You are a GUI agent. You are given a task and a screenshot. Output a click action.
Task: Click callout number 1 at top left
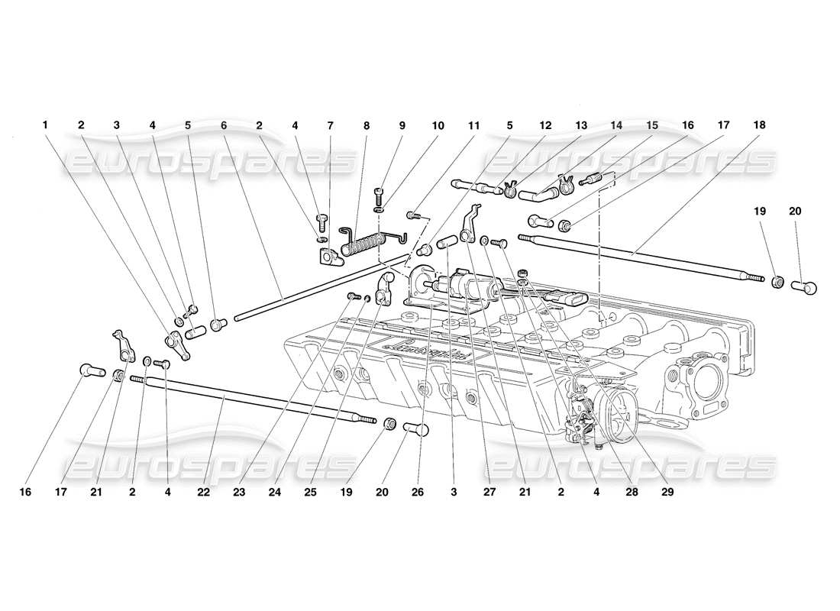(x=45, y=124)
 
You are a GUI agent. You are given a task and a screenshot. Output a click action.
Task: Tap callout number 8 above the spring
(x=367, y=124)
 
